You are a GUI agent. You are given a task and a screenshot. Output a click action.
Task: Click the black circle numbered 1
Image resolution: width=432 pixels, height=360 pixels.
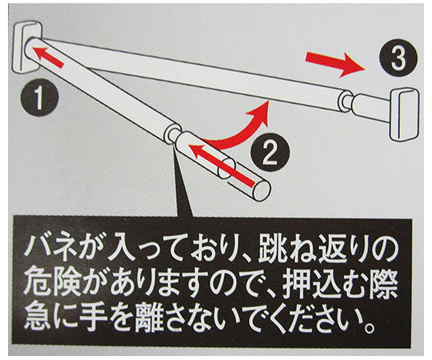coord(39,98)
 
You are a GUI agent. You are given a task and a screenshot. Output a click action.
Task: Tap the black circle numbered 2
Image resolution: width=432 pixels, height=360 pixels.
coord(270,152)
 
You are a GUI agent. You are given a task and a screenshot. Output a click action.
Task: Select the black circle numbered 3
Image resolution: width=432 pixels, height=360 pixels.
coord(398,58)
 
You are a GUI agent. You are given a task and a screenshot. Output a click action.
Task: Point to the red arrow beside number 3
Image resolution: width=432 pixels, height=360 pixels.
coord(335,64)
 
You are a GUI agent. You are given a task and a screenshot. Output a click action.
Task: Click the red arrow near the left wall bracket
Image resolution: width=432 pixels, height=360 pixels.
coord(50,57)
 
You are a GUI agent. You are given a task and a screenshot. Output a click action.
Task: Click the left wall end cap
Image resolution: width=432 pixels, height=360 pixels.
coord(27,46)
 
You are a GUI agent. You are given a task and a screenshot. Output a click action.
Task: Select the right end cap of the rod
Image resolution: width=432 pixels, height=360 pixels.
coord(405,115)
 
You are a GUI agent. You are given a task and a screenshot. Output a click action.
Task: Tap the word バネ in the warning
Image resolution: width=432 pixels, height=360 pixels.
coord(47,248)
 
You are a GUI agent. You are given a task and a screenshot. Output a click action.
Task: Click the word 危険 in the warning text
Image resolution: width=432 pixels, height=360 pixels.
coord(53,285)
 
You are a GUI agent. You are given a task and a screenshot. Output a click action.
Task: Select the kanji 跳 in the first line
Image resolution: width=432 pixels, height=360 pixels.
coord(273,248)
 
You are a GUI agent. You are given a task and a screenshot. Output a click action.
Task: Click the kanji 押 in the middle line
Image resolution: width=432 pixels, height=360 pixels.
coord(298,285)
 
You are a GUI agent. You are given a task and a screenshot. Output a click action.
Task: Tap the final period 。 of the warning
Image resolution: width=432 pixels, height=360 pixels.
coord(369,326)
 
